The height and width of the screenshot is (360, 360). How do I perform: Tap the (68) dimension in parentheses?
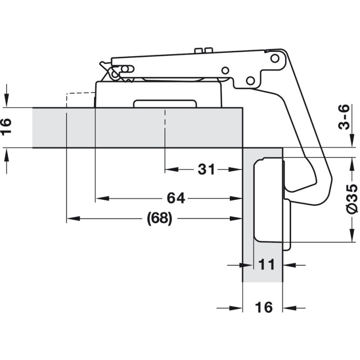160,219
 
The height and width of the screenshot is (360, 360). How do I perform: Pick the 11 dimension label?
266,265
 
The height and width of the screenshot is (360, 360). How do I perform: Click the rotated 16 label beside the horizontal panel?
8,127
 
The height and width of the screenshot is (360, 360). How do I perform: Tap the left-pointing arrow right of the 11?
288,265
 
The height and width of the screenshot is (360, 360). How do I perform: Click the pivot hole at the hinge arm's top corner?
274,58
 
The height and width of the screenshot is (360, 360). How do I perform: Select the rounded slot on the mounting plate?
165,103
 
